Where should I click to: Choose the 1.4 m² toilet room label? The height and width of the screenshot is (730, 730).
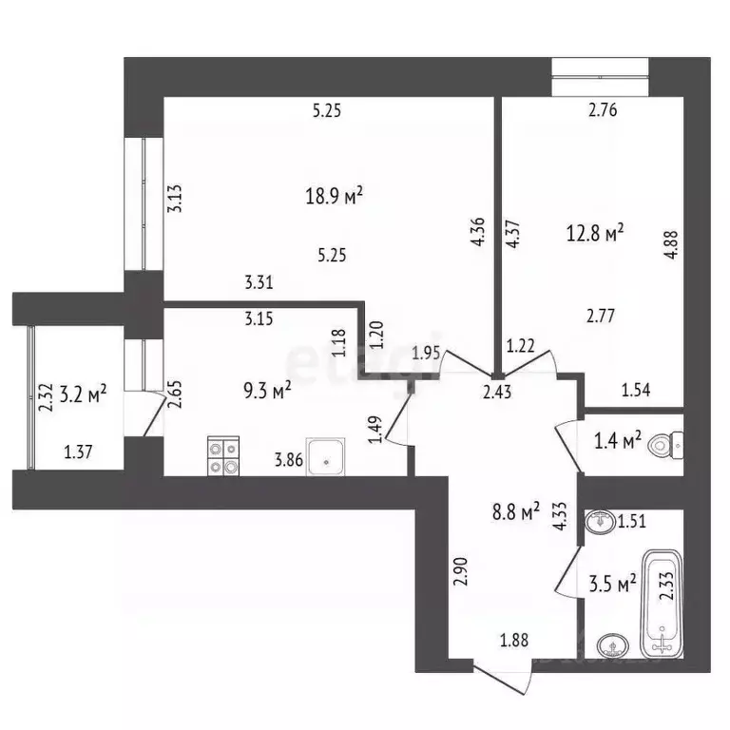pos(619,440)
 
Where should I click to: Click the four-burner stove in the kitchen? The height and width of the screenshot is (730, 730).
pos(223,455)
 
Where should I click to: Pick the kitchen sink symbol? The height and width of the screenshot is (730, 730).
pos(327,456)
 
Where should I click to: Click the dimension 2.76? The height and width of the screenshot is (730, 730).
pos(604,110)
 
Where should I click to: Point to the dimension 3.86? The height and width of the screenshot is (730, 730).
pos(289,461)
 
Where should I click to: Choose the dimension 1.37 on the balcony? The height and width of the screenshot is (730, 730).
pos(79,453)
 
